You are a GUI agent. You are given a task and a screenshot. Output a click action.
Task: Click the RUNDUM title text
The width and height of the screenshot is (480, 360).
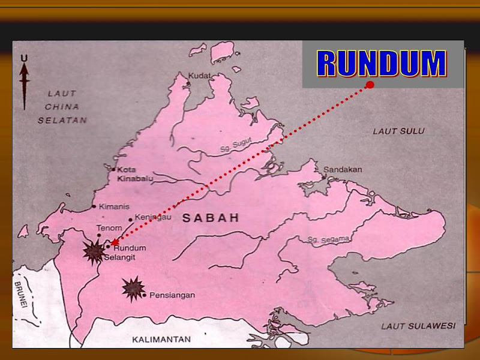tap(382, 64)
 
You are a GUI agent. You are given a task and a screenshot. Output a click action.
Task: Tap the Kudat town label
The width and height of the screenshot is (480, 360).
tap(200, 76)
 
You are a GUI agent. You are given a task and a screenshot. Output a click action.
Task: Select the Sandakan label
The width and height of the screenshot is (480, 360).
tap(343, 170)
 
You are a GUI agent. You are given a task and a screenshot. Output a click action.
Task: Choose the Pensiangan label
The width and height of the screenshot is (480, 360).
tap(171, 295)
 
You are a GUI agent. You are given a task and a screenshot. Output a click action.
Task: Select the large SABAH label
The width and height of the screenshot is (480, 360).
tap(211, 218)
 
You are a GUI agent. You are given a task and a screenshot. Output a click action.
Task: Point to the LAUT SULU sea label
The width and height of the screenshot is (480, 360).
tap(398, 131)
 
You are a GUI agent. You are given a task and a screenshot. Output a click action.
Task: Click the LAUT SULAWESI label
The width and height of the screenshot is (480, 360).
tap(418, 326)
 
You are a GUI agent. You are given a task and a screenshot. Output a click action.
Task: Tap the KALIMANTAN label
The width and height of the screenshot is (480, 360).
tap(161, 340)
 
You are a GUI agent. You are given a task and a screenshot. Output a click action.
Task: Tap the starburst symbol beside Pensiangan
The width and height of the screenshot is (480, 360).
tap(133, 289)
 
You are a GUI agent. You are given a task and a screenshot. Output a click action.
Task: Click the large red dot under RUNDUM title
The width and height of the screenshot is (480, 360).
tap(370, 85)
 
